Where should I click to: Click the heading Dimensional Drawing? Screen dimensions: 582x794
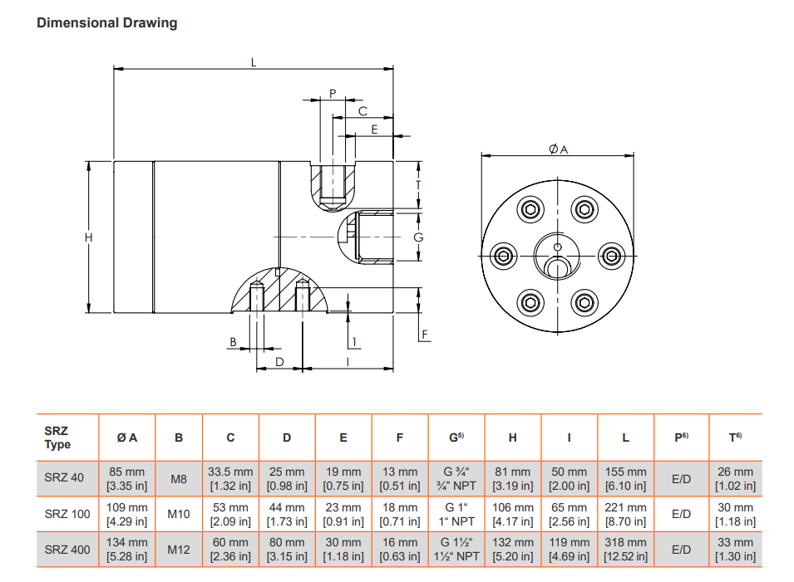pyautogui.click(x=106, y=22)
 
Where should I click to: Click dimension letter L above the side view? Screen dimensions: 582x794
pyautogui.click(x=254, y=61)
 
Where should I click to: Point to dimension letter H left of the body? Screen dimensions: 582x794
pyautogui.click(x=89, y=237)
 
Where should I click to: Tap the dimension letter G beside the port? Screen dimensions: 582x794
pyautogui.click(x=418, y=237)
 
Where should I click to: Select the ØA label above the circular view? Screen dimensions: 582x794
pyautogui.click(x=558, y=149)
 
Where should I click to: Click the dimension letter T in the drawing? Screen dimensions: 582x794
pyautogui.click(x=418, y=184)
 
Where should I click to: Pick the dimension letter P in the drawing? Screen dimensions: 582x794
pyautogui.click(x=332, y=93)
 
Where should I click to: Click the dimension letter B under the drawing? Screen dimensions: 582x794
pyautogui.click(x=234, y=341)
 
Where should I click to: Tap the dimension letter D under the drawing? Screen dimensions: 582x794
pyautogui.click(x=279, y=362)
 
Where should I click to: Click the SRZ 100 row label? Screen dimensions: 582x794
pyautogui.click(x=67, y=514)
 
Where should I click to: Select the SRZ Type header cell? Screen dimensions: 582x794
pyautogui.click(x=57, y=438)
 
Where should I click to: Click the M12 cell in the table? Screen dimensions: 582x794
pyautogui.click(x=179, y=549)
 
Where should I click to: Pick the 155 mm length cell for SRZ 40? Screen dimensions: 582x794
pyautogui.click(x=625, y=478)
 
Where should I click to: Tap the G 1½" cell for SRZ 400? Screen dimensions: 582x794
pyautogui.click(x=456, y=549)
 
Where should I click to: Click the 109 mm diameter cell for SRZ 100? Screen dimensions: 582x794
pyautogui.click(x=127, y=514)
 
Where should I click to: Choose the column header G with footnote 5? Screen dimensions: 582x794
pyautogui.click(x=456, y=438)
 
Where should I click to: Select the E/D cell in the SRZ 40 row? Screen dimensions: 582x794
pyautogui.click(x=682, y=478)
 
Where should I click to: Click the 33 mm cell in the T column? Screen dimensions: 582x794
pyautogui.click(x=735, y=549)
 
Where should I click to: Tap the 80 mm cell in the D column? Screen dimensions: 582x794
pyautogui.click(x=287, y=549)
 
